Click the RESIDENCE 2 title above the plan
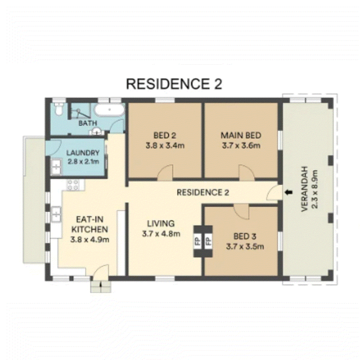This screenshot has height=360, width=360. click(174, 84)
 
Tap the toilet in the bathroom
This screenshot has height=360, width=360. click(58, 108)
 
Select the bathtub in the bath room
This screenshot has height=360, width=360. click(109, 110)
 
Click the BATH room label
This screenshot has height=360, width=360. click(88, 123)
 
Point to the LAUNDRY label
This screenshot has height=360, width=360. click(83, 153)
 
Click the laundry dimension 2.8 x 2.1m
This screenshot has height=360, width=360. click(83, 162)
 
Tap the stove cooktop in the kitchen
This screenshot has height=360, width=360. click(73, 185)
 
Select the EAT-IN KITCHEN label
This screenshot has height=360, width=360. click(90, 224)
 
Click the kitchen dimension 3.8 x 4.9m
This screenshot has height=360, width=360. click(90, 240)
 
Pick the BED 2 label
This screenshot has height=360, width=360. click(165, 135)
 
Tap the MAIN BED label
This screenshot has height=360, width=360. click(241, 135)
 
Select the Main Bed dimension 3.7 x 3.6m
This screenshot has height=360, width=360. click(241, 145)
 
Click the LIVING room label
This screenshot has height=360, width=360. click(161, 223)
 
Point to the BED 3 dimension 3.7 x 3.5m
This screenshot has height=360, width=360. click(245, 247)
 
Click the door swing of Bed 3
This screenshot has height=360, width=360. click(241, 212)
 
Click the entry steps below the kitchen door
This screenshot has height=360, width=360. click(100, 287)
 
